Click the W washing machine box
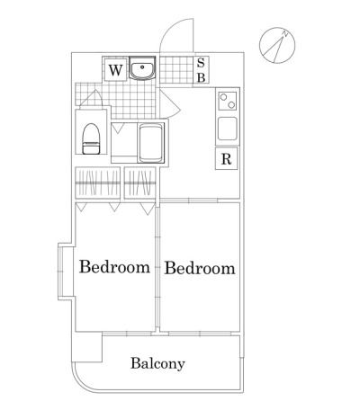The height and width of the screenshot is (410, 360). (x=115, y=70)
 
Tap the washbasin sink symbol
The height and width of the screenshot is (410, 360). (x=142, y=67)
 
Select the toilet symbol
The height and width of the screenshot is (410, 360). (x=91, y=138)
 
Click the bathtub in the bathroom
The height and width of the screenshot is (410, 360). (x=151, y=143)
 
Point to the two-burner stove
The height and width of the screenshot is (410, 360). (x=228, y=101)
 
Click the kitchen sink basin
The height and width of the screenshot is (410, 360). (x=228, y=129)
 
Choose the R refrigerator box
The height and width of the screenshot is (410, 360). (x=227, y=158)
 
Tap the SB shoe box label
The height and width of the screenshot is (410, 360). (x=201, y=70)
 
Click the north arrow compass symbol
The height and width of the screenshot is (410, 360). (x=277, y=46)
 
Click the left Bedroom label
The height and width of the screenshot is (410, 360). (x=114, y=267)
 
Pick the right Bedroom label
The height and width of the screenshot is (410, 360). (x=200, y=268)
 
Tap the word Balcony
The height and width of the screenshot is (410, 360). (x=157, y=363)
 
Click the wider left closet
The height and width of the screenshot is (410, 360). (x=98, y=183)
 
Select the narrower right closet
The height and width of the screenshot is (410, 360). (x=140, y=183)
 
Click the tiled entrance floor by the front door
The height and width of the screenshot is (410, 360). (x=176, y=69)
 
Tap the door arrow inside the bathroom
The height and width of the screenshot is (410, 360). (x=118, y=128)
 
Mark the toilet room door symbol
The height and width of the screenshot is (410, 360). (x=91, y=98)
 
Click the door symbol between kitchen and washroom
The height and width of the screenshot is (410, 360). (x=168, y=103)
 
